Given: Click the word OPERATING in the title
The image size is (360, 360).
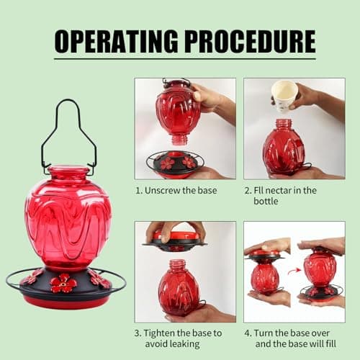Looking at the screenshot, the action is tap(117, 41).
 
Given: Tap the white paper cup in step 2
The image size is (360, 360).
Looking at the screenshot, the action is tap(284, 96).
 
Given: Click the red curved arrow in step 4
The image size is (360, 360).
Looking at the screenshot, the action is tap(294, 271).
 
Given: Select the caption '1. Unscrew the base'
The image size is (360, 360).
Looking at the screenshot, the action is tap(176, 191).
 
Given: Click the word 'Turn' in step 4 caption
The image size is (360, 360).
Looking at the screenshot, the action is tap(264, 333).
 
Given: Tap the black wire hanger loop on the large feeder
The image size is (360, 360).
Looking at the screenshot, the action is tap(69, 135).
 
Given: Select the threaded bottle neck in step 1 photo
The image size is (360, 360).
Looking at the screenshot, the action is tap(179, 140).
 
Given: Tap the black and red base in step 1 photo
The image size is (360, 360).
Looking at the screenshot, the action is tap(175, 165).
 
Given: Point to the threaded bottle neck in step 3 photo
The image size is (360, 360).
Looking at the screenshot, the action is tap(178, 265).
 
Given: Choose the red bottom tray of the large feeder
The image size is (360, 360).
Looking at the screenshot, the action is tap(66, 300).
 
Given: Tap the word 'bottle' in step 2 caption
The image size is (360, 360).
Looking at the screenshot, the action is tap(266, 201).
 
